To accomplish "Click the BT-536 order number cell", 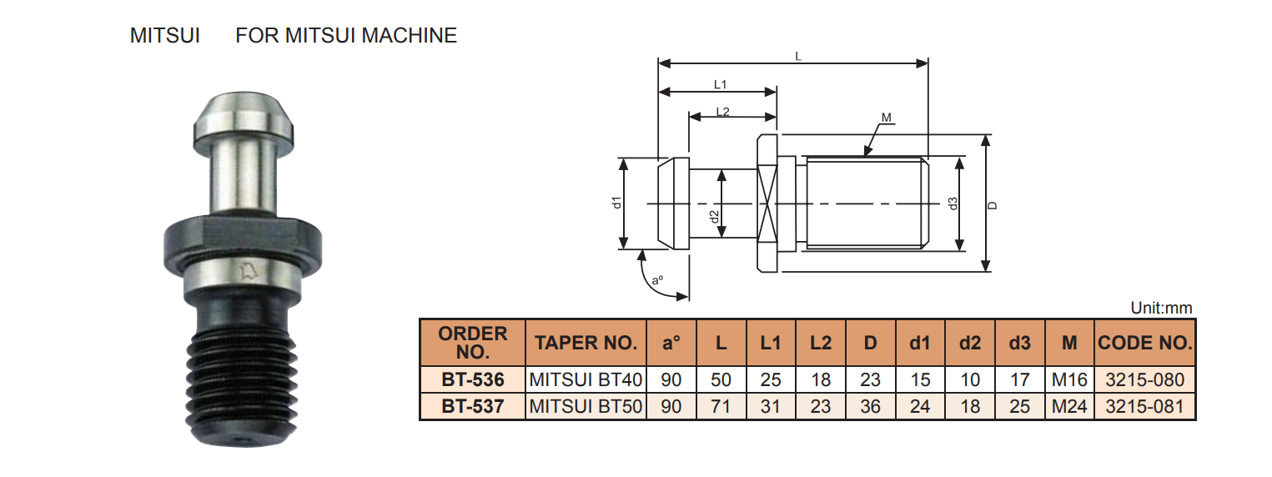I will (x=473, y=380).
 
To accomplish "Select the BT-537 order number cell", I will (x=473, y=407).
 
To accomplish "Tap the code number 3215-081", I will (x=1144, y=407).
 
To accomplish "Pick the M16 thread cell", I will (x=1069, y=380).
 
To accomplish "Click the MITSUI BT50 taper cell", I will (x=586, y=407).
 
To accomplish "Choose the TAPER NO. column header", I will (x=586, y=343).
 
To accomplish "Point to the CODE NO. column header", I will (x=1144, y=343).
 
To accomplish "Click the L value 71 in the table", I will (x=721, y=407).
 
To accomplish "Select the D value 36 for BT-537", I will (x=870, y=407).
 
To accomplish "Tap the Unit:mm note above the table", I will (x=1161, y=309).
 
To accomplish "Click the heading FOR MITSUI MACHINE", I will (x=346, y=36).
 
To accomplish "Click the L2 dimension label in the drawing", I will (x=722, y=112).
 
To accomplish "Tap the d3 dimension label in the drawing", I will (x=953, y=203).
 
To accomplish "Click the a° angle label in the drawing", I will (x=658, y=281).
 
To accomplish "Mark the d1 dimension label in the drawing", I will (x=616, y=202).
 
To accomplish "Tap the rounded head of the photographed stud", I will (x=243, y=117).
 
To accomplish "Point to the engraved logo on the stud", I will (x=247, y=269).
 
